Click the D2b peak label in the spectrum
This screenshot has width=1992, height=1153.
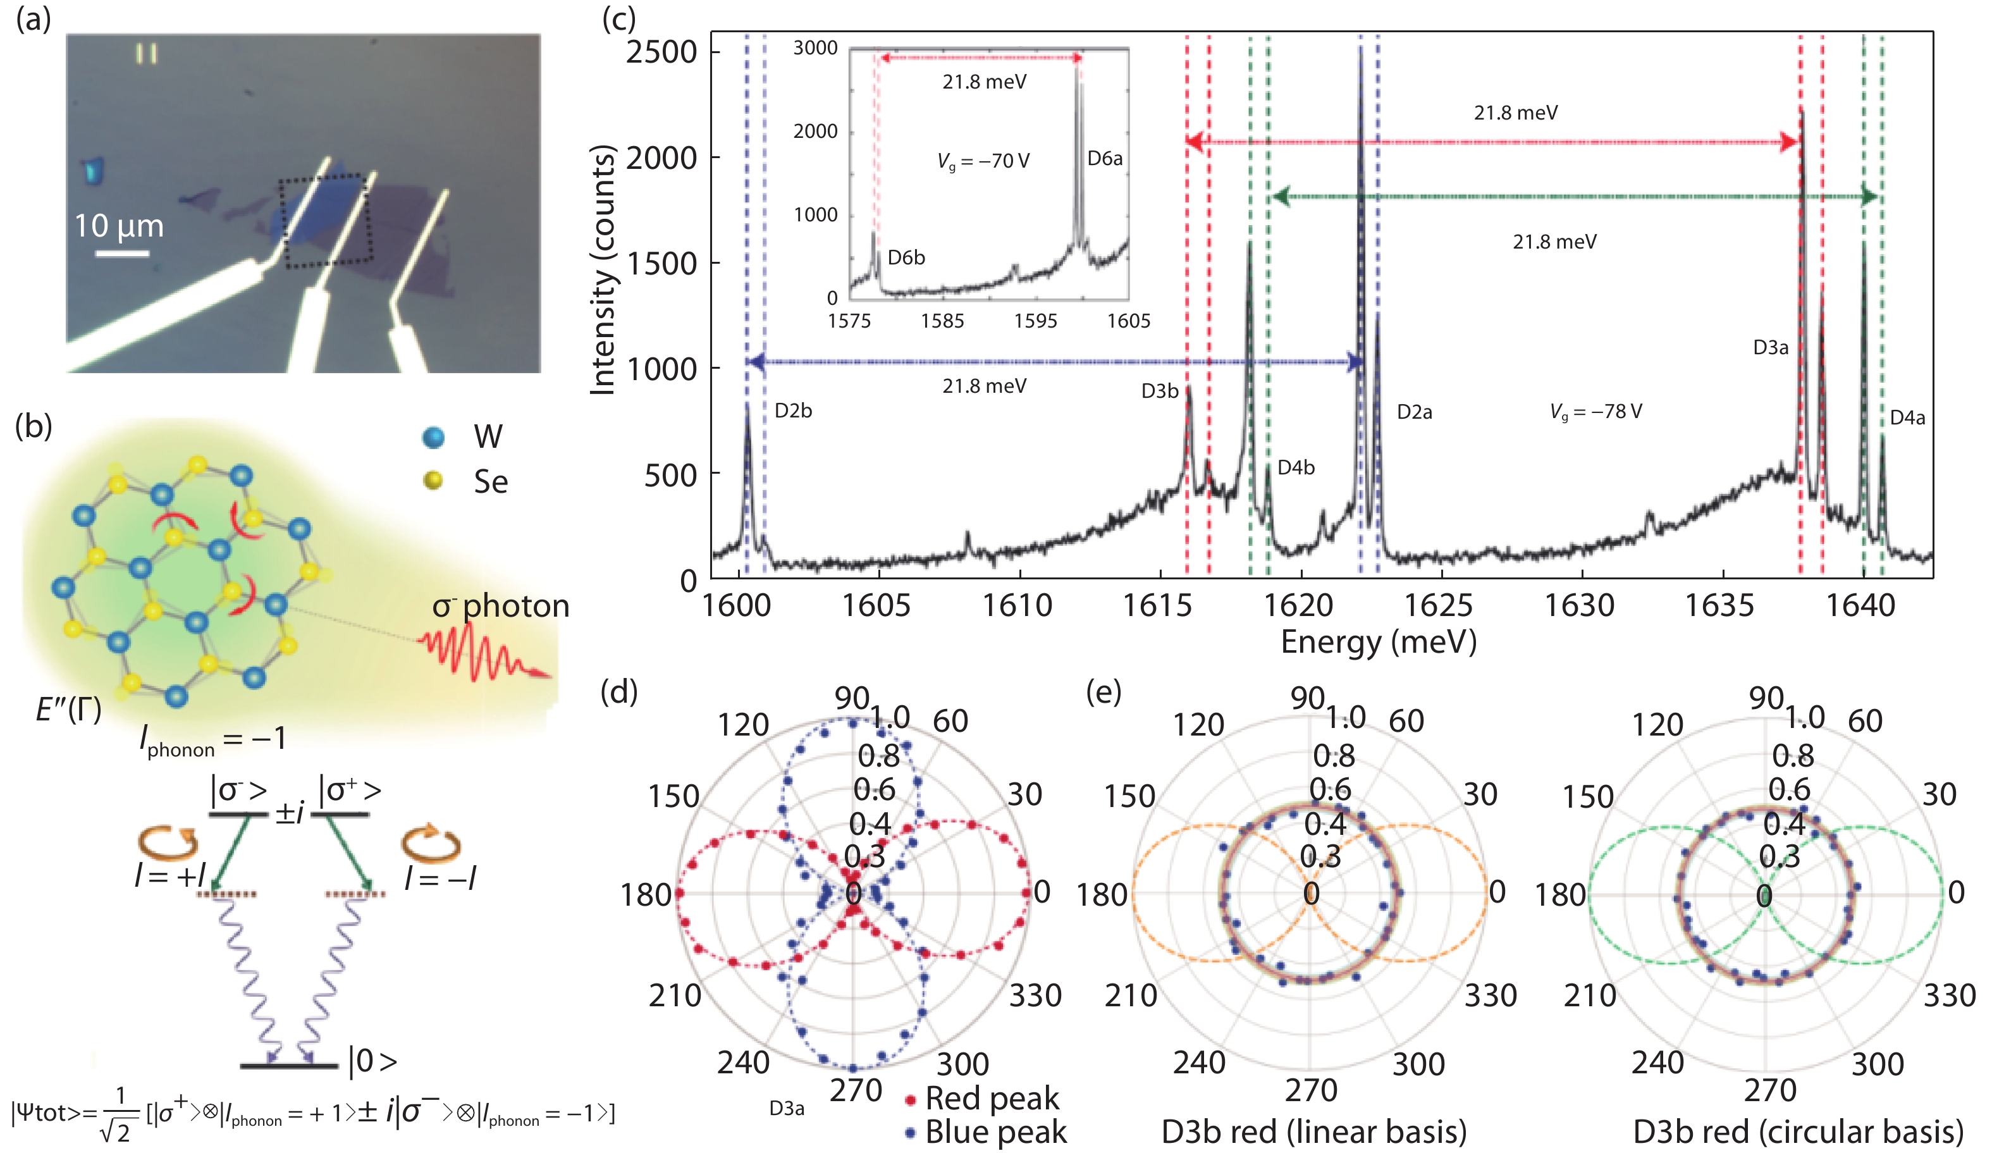click(793, 410)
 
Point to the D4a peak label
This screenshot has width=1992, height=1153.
click(1907, 417)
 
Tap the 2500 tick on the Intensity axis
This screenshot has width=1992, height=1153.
click(661, 52)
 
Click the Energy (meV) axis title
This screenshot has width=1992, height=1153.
click(1378, 641)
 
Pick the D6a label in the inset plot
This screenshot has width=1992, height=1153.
click(1104, 158)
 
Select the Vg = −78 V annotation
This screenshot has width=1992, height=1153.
click(1595, 411)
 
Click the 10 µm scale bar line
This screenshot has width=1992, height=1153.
click(123, 254)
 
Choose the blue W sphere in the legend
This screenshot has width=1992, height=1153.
click(433, 436)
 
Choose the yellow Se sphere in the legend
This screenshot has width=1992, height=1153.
click(433, 480)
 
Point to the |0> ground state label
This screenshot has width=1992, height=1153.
click(372, 1061)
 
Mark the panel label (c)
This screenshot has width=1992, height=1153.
click(618, 18)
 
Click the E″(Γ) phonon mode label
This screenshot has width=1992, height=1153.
click(69, 710)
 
